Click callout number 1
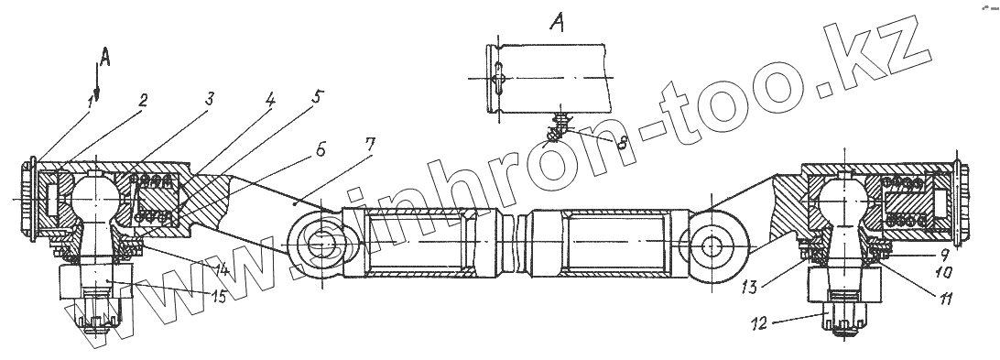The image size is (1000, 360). click(x=92, y=102)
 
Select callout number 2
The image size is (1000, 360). click(x=144, y=100)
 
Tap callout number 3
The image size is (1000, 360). click(x=209, y=99)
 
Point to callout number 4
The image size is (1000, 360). click(x=270, y=99)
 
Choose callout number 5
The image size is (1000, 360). click(x=319, y=97)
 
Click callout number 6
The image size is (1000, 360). click(x=321, y=150)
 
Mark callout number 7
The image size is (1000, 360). click(x=369, y=144)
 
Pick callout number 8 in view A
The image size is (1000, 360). click(x=621, y=142)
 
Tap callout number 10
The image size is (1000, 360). click(x=943, y=273)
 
